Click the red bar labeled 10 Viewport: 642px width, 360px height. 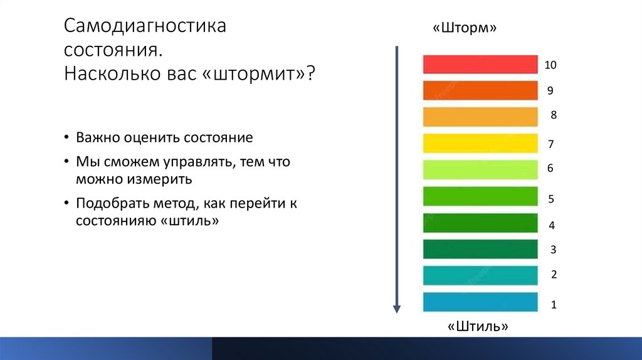point(480,65)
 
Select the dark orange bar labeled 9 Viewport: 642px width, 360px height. point(480,90)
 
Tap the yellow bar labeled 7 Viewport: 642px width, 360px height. point(480,143)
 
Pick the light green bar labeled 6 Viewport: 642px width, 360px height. point(480,169)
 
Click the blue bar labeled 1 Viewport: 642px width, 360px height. point(480,302)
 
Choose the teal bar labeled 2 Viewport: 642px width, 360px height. point(480,275)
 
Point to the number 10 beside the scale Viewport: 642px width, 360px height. point(550,65)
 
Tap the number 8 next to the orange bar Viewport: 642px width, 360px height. point(554,115)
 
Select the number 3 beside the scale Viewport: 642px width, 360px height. point(553,250)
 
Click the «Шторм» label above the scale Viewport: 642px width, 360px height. point(465,29)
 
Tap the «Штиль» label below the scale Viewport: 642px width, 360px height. point(478,327)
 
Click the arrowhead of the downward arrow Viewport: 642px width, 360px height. point(396,308)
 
